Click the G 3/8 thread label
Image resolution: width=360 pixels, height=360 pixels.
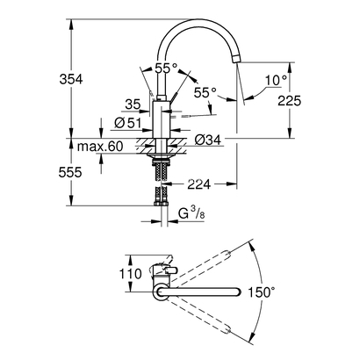pos(188,212)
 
